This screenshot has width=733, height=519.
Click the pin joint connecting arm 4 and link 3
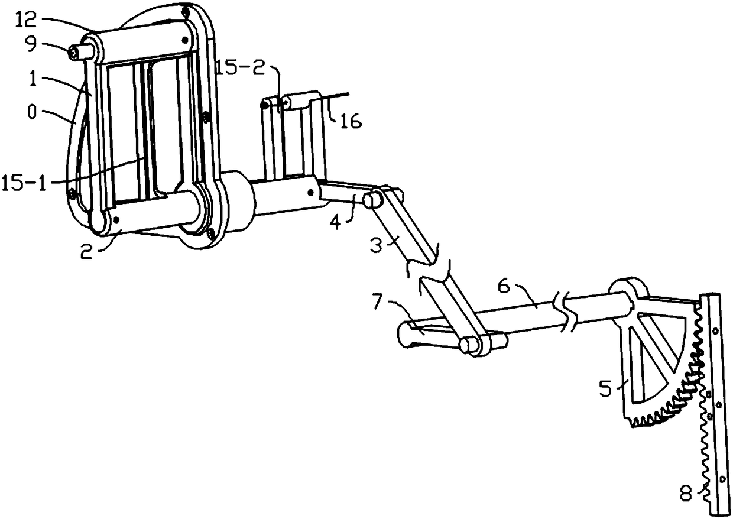(x=372, y=199)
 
